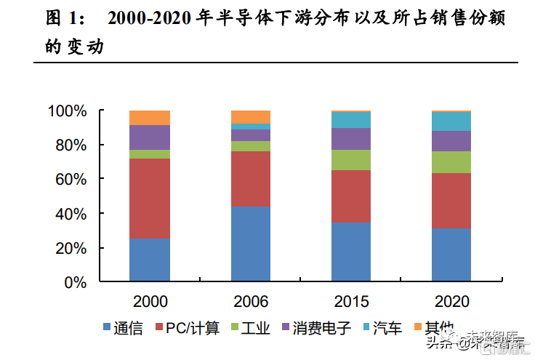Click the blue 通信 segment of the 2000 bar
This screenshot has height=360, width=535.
pyautogui.click(x=150, y=260)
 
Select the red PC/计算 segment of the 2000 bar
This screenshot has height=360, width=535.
pyautogui.click(x=150, y=199)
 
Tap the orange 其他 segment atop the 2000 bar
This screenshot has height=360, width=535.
pyautogui.click(x=150, y=118)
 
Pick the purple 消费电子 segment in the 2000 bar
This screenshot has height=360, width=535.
pyautogui.click(x=150, y=137)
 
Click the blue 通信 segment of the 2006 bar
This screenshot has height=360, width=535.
pyautogui.click(x=251, y=244)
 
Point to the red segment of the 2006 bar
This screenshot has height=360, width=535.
pyautogui.click(x=251, y=179)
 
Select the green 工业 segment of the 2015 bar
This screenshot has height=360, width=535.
pyautogui.click(x=351, y=160)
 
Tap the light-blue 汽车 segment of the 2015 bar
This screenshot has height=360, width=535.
pyautogui.click(x=351, y=120)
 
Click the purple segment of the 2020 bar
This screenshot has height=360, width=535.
pyautogui.click(x=451, y=141)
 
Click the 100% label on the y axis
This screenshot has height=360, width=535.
pyautogui.click(x=67, y=111)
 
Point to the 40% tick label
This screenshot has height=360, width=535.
pyautogui.click(x=71, y=214)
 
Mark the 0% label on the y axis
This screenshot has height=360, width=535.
pyautogui.click(x=76, y=282)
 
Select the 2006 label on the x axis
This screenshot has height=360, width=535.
pyautogui.click(x=251, y=301)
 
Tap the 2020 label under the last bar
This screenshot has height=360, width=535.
pyautogui.click(x=451, y=301)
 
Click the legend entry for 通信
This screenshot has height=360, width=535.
pyautogui.click(x=120, y=328)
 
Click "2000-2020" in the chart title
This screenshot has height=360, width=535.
pyautogui.click(x=150, y=20)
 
